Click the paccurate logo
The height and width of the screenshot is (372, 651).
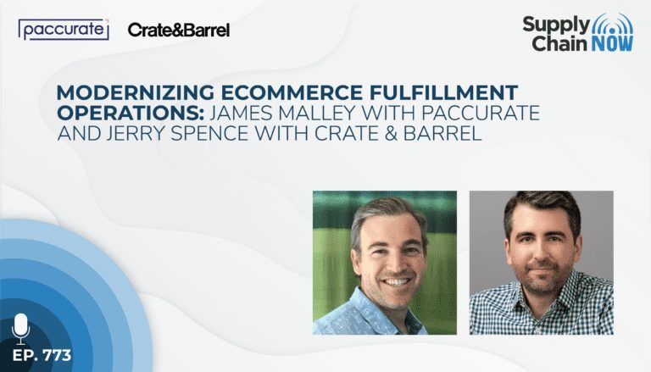(x=64, y=30)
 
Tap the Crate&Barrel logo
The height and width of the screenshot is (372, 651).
(x=179, y=30)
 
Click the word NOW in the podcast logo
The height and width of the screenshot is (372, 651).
(x=612, y=43)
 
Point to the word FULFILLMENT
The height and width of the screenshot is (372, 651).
(x=444, y=92)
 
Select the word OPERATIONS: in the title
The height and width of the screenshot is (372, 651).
(x=131, y=113)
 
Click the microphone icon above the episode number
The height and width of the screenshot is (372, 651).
(x=20, y=329)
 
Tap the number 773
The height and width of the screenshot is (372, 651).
(x=57, y=355)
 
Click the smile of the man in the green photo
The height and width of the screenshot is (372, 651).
(x=398, y=282)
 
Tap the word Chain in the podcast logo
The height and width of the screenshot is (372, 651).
(x=560, y=43)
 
